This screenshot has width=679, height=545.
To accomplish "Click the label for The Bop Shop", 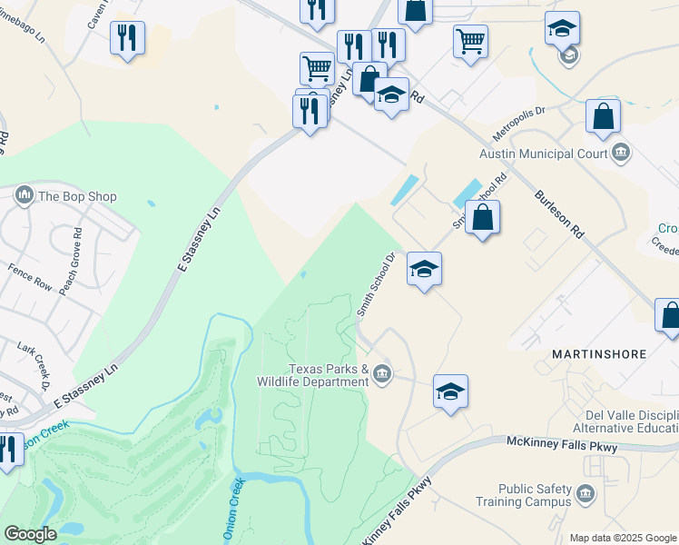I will pos(77,195).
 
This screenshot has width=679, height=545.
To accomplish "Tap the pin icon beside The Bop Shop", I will pos(25,194).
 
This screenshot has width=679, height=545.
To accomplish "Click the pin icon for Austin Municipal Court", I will pos(622,152).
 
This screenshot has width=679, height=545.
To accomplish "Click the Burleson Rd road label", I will pos(558,214).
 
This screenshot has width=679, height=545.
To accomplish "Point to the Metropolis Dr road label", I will pos(517,123).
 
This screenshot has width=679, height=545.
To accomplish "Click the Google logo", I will pos(30,534).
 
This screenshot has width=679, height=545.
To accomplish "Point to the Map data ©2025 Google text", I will pos(622,538).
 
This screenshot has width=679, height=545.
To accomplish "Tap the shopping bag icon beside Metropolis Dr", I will pos(603,118).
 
